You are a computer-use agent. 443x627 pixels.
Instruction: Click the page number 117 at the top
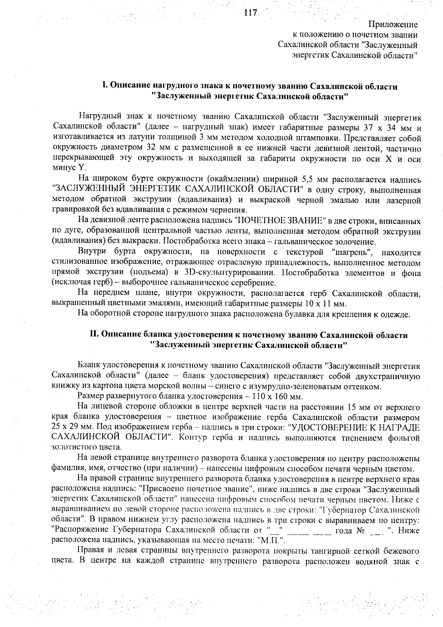[250, 13]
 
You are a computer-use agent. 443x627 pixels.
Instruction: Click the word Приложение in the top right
[393, 25]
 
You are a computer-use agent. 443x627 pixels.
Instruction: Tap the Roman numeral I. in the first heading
[105, 86]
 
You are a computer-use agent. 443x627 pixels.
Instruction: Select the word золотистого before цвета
[71, 447]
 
